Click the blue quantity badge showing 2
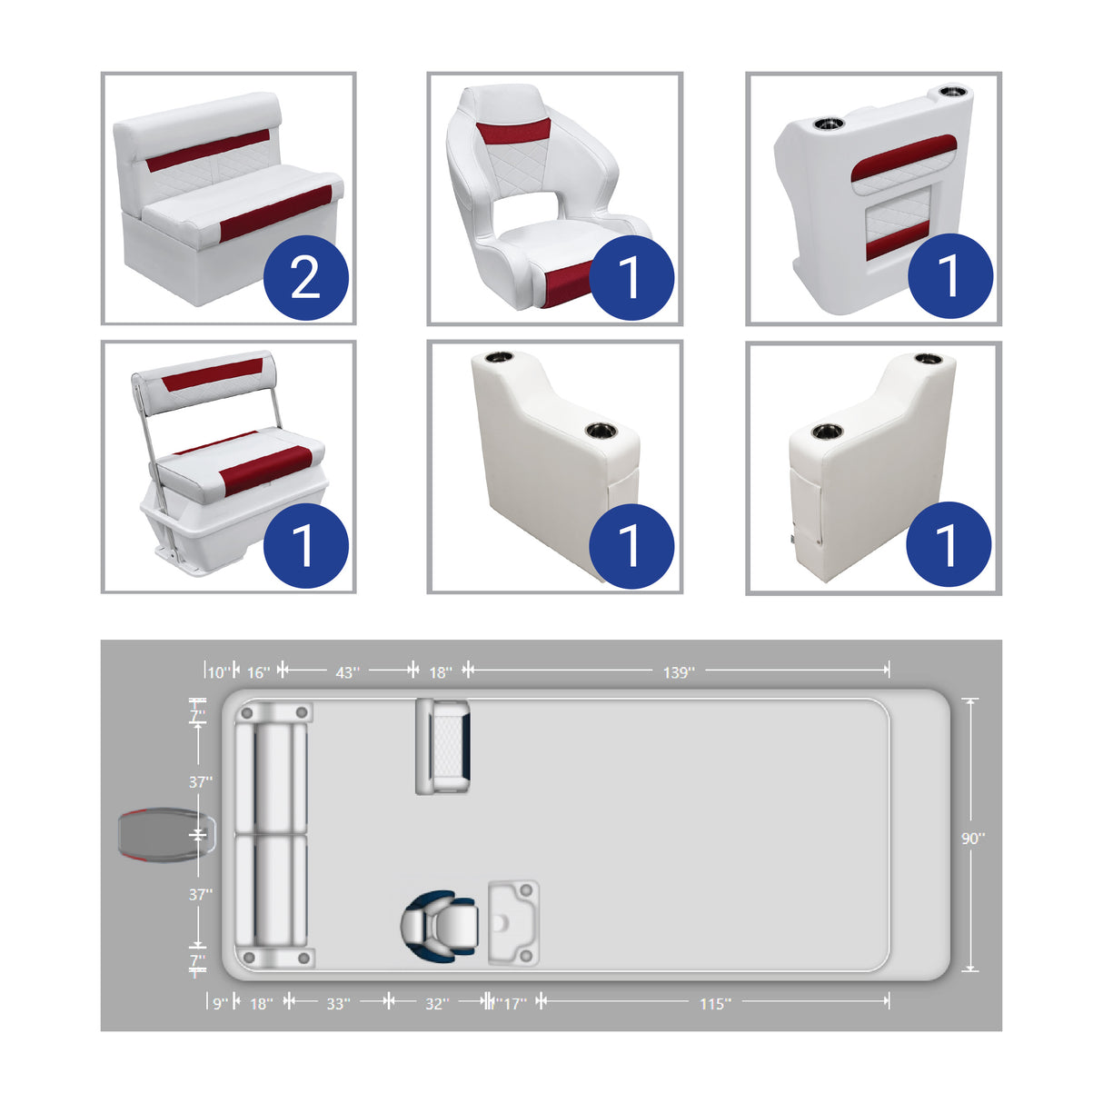click(x=306, y=277)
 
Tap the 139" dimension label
click(x=679, y=672)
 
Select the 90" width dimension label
click(x=973, y=838)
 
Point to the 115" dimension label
click(x=715, y=1003)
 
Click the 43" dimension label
click(x=347, y=672)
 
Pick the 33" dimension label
click(x=338, y=1003)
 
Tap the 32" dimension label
click(x=437, y=1003)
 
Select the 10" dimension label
click(x=218, y=672)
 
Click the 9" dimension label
click(x=220, y=1003)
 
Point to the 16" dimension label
click(x=258, y=672)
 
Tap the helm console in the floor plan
click(x=513, y=923)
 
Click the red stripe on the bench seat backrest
click(x=209, y=151)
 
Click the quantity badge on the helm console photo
click(x=949, y=275)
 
